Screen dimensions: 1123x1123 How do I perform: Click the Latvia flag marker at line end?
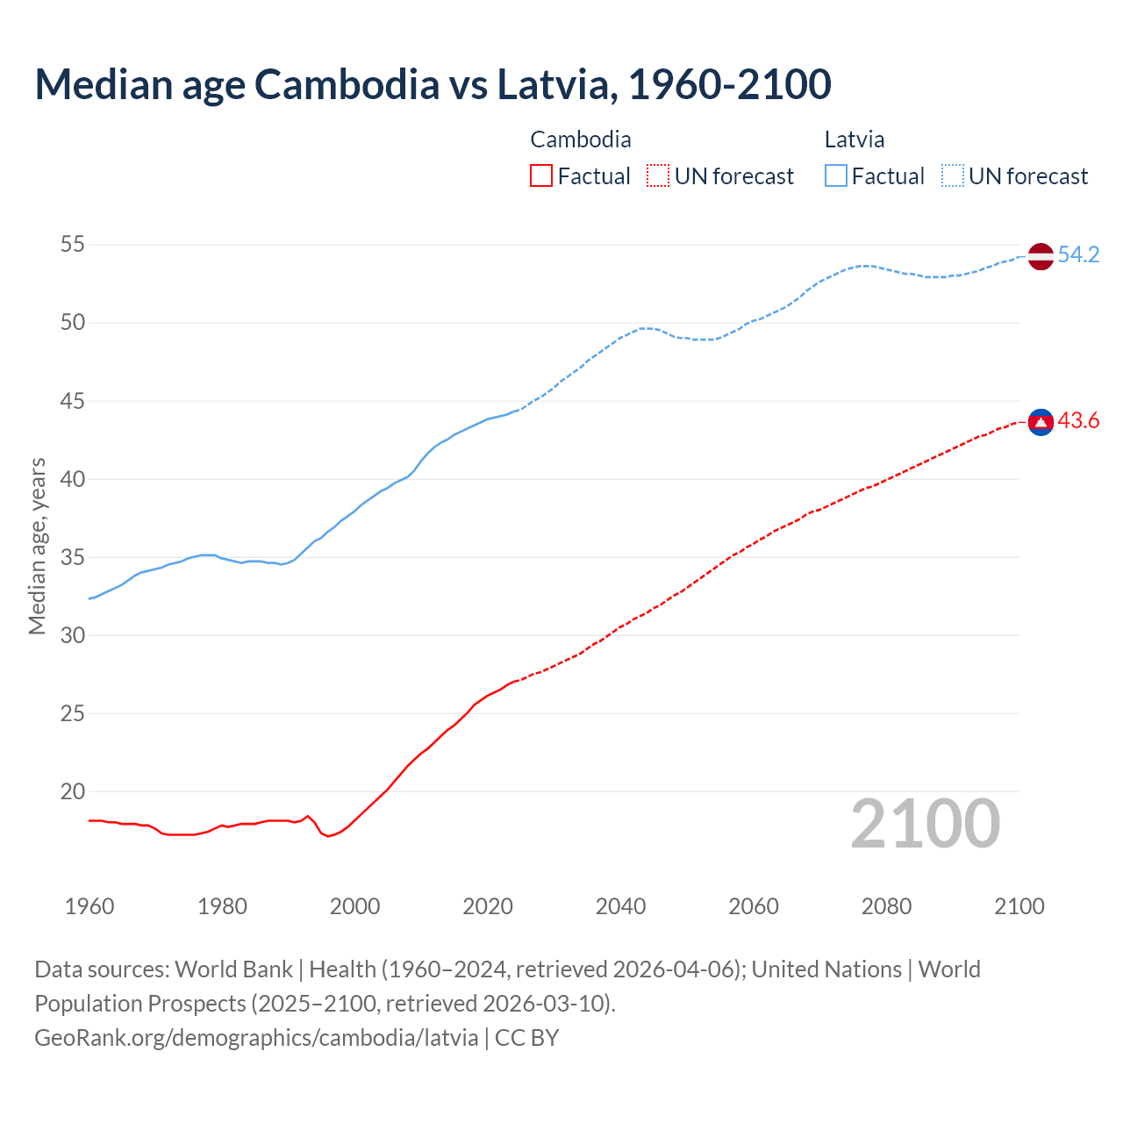[1041, 256]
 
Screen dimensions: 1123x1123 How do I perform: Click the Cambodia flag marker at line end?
[1041, 422]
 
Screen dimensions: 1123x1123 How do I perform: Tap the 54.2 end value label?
[1078, 255]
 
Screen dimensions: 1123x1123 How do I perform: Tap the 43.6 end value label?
[1078, 421]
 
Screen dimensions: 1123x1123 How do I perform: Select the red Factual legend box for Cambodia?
[541, 176]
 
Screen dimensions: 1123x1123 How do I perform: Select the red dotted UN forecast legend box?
[658, 176]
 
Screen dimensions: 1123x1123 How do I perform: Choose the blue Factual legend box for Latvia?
[836, 176]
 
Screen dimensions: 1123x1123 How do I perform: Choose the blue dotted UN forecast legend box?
[952, 176]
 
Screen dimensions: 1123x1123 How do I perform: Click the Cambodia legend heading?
[581, 139]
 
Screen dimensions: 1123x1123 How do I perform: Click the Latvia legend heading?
[854, 139]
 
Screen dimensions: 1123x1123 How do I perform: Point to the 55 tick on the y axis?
[73, 245]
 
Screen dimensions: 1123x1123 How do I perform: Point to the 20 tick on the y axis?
[73, 791]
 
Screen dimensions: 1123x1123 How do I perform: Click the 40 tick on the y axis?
[73, 479]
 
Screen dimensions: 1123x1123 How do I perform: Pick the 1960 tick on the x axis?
[89, 906]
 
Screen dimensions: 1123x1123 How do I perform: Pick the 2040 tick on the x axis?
[620, 906]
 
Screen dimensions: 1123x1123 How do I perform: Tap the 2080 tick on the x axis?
[886, 906]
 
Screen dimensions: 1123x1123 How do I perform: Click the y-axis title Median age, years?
[37, 546]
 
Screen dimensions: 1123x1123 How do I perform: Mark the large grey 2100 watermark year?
[926, 824]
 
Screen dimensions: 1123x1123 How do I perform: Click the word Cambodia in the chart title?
[347, 84]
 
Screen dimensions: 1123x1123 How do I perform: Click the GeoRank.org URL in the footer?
[256, 1038]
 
